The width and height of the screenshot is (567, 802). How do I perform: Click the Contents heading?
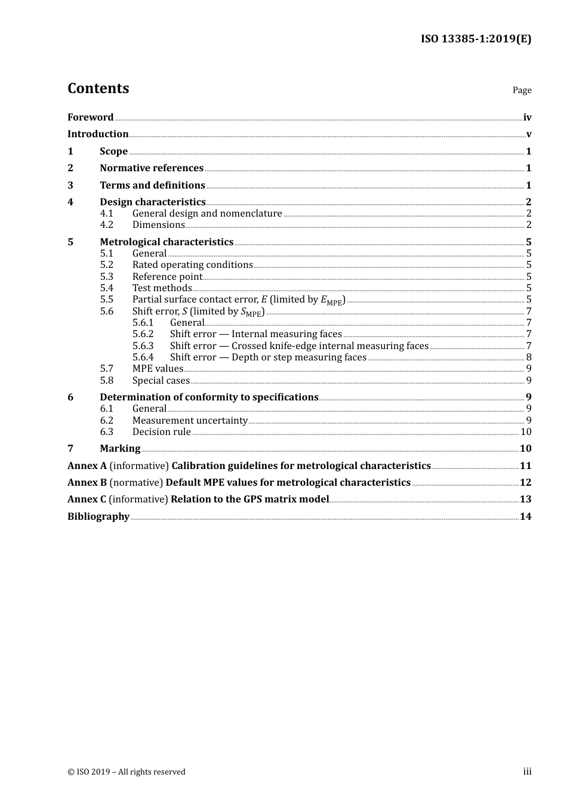[x=98, y=88]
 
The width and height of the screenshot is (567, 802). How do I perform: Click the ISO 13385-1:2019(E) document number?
[x=476, y=39]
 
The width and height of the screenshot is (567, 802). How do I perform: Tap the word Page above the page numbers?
[x=522, y=90]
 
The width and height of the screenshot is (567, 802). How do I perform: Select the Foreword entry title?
[x=90, y=117]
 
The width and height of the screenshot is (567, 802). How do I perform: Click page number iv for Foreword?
[x=527, y=117]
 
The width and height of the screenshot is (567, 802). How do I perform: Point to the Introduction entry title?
[x=98, y=134]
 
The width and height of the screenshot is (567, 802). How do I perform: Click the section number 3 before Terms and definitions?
[x=70, y=185]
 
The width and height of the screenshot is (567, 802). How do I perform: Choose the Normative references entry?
[x=152, y=168]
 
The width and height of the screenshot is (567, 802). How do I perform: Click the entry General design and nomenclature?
[x=207, y=213]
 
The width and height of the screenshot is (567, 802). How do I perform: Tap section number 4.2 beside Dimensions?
[x=106, y=224]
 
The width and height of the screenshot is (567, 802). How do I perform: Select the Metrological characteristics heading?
[x=167, y=242]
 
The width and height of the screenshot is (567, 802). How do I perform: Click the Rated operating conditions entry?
[x=192, y=264]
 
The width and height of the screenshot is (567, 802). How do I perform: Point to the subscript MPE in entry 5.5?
[x=335, y=303]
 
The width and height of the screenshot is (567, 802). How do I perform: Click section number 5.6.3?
[x=143, y=346]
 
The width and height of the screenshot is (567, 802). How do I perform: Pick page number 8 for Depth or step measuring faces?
[x=529, y=357]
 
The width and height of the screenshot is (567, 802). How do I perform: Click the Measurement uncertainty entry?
[x=190, y=420]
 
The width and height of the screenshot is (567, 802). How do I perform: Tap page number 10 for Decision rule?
[x=526, y=431]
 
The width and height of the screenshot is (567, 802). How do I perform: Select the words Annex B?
[x=87, y=482]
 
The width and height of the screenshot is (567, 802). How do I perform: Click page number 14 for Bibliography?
[x=525, y=516]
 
